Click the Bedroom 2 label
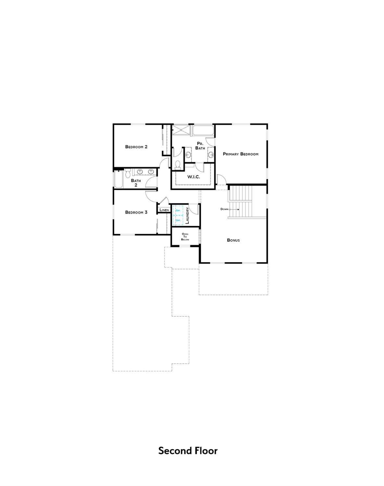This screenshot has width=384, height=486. point(136,147)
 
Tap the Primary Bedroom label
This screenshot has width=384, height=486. point(241,154)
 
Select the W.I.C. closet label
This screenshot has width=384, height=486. point(193,177)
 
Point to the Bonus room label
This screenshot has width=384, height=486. point(233,240)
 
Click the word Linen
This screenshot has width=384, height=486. point(164,210)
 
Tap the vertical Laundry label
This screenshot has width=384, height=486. point(187,216)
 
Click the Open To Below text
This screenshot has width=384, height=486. point(185,237)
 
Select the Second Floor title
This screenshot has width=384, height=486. point(188,451)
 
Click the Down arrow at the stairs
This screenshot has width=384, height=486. point(234,209)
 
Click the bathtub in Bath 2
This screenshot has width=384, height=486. point(118,179)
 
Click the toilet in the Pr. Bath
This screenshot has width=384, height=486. point(178,165)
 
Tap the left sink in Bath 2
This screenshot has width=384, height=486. point(140,171)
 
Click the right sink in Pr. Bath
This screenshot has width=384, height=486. point(211,154)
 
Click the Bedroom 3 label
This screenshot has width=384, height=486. point(136,212)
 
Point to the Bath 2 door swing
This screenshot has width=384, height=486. point(151,183)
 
